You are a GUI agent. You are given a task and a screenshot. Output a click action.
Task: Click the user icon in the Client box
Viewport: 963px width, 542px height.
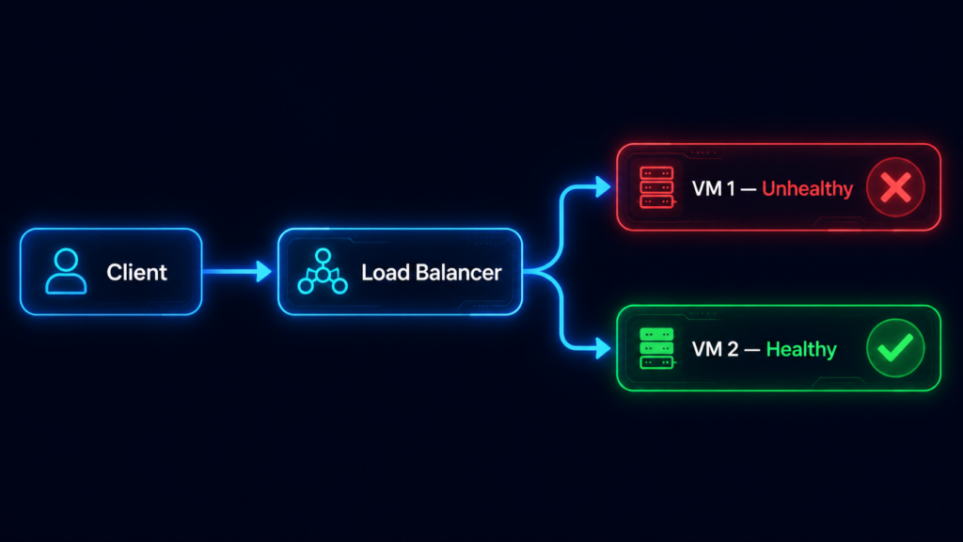(66, 271)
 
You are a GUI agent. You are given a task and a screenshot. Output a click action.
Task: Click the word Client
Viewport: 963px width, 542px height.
(136, 272)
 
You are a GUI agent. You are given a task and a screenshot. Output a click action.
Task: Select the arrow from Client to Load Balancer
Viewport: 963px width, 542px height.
(237, 271)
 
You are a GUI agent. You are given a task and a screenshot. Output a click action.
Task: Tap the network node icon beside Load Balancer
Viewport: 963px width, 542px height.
(323, 271)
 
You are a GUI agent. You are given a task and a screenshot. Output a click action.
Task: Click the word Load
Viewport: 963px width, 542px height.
(385, 272)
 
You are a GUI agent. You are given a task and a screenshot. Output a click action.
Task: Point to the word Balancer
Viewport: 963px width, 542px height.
(458, 272)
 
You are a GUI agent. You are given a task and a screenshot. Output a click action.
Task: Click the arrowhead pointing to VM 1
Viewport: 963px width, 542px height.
(603, 187)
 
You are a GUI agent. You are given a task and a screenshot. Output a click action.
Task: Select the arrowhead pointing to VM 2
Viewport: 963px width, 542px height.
(603, 348)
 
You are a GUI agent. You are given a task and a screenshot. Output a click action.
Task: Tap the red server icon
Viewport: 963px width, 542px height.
(657, 187)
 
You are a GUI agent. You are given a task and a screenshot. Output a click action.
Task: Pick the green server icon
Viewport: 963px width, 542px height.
(657, 348)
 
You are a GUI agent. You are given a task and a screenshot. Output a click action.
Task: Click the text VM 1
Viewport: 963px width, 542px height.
(713, 188)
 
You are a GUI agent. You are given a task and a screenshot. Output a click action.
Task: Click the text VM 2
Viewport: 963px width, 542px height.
(715, 349)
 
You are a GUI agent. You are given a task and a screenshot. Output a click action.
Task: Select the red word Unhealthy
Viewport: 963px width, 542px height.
(807, 188)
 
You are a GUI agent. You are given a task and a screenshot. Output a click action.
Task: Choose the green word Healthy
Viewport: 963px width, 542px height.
(801, 350)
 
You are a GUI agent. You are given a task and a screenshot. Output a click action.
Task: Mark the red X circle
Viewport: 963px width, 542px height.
(895, 187)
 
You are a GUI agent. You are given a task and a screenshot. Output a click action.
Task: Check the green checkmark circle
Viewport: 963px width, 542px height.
(895, 348)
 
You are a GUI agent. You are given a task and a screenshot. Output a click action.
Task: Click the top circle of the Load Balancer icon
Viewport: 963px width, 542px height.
(324, 256)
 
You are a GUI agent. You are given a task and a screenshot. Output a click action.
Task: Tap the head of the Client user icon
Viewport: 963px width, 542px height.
(66, 260)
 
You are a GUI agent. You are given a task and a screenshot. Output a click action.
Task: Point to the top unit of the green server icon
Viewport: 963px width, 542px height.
(657, 334)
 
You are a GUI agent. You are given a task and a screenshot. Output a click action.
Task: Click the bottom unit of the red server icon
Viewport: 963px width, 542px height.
(657, 201)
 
